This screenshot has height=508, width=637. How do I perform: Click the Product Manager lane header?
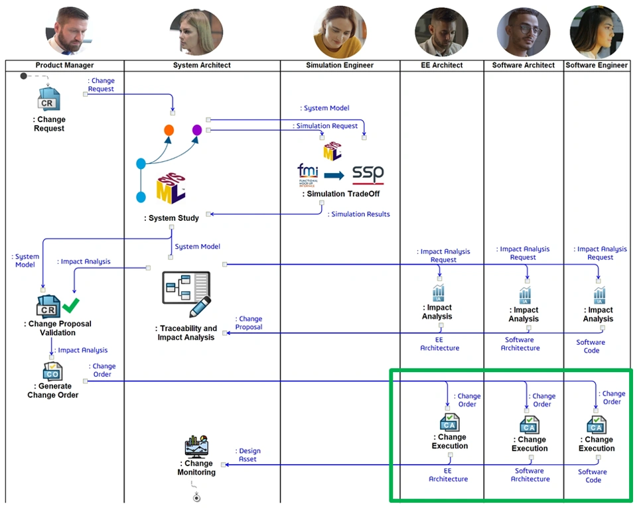64,65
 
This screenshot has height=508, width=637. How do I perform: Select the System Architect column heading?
202,65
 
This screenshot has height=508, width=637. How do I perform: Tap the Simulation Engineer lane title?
340,65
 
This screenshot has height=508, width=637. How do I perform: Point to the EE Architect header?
441,65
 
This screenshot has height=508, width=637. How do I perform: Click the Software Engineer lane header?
597,65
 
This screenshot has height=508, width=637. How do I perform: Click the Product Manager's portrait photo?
72,31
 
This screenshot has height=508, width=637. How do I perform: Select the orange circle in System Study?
169,130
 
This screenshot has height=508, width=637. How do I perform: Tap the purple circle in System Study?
197,130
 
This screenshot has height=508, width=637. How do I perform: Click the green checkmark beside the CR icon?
70,305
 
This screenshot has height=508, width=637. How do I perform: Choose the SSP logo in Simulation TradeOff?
368,174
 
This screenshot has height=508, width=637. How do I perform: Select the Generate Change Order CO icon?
52,371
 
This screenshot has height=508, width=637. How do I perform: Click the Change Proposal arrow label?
249,323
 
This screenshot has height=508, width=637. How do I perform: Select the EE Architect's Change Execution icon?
449,422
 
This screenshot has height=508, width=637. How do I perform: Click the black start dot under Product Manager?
24,76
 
